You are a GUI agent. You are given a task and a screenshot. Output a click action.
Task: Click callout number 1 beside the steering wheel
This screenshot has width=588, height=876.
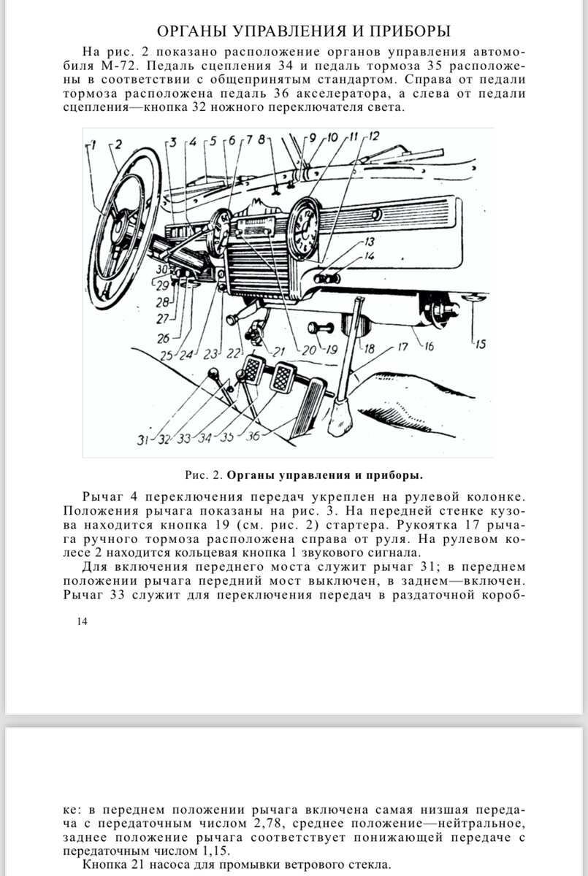93,144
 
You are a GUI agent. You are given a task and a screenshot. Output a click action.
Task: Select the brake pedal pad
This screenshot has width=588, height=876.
283,377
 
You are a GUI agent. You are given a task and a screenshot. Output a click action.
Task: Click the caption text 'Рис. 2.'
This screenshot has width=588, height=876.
203,475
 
